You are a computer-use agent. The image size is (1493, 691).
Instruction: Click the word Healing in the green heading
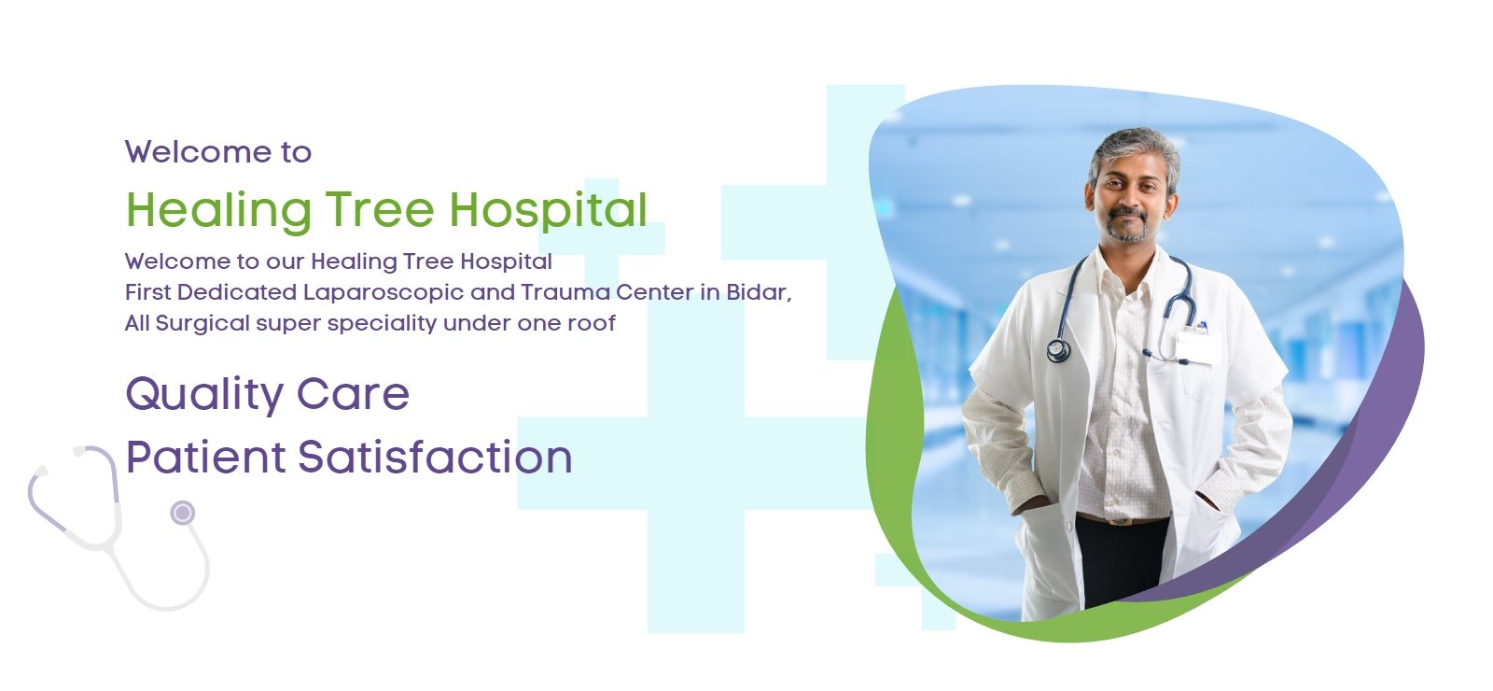218,211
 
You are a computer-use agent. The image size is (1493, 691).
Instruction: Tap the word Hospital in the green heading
548,211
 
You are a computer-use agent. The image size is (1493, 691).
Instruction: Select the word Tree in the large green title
380,209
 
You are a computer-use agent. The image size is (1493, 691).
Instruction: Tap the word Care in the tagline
353,394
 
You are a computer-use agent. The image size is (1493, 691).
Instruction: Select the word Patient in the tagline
206,458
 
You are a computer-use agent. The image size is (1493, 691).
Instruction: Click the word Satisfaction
435,458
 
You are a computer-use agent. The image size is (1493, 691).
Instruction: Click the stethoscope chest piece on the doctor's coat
1058,350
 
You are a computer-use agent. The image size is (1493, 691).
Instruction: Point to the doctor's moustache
1128,214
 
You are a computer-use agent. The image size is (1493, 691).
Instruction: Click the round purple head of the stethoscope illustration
183,513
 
